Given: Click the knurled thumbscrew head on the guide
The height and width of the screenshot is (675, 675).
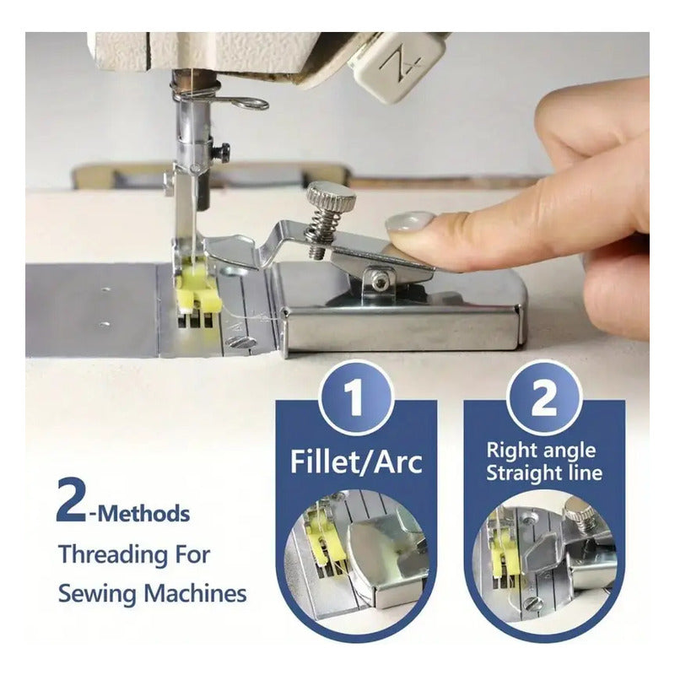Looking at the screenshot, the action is (331, 197).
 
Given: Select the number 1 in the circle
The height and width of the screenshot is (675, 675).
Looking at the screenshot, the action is (355, 398).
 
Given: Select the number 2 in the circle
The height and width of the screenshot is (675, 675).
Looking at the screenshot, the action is (543, 398).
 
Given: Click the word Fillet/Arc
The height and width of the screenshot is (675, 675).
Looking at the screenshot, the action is (356, 462).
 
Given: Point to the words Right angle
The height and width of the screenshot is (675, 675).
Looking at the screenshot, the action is (541, 451).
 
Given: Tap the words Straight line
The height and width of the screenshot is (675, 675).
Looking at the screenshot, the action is (544, 472).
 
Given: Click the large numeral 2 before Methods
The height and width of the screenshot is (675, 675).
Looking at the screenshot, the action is (71, 499).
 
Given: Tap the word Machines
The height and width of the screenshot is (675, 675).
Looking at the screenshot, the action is (195, 593).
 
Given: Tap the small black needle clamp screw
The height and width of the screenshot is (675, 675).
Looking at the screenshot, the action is (223, 150).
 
